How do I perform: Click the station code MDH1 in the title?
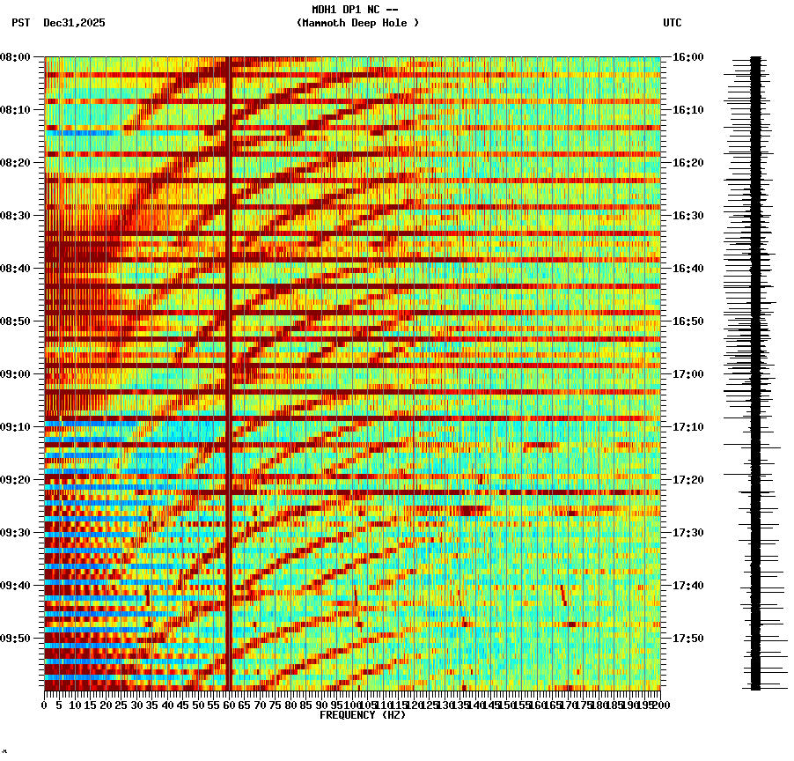324,10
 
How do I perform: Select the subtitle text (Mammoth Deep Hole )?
357,23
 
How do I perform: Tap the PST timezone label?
21,23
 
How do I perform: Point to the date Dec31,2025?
74,23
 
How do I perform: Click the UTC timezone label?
672,23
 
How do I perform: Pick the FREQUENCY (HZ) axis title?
362,715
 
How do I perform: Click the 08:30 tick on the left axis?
16,216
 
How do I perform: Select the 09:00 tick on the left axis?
16,374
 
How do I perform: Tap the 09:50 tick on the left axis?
16,639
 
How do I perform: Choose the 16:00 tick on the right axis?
687,57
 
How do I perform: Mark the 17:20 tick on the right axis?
687,480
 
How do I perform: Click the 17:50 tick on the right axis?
687,639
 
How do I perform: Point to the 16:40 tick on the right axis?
687,269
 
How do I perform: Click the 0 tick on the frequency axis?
45,705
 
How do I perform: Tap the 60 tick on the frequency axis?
230,705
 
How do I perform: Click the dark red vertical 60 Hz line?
229,352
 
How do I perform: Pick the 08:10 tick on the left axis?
16,110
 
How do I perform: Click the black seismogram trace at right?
755,370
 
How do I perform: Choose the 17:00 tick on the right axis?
687,374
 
